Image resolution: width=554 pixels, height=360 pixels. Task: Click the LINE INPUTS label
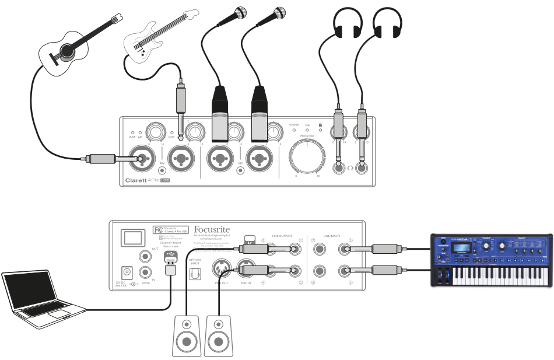[334, 228]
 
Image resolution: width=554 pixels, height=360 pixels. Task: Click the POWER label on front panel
[293, 124]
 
